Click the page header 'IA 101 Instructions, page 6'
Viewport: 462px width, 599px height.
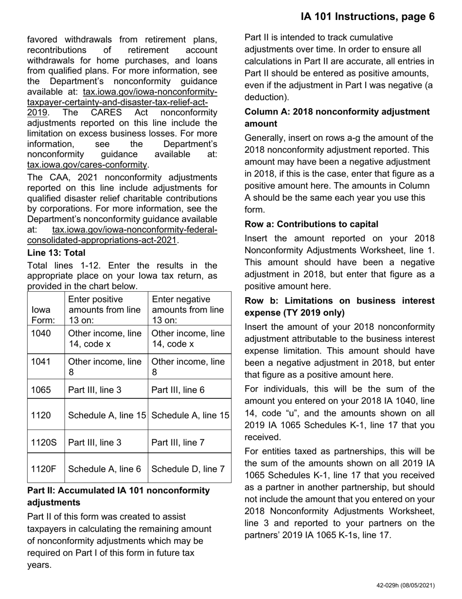[367, 17]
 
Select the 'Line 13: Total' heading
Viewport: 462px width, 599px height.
[56, 253]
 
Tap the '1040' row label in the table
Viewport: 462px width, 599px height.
[41, 334]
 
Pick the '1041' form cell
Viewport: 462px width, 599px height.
[41, 362]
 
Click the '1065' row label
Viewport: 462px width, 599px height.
[41, 390]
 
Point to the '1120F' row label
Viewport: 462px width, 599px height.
[44, 469]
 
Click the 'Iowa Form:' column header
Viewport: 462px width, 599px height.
[43, 315]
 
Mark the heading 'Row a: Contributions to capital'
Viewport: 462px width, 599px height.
[311, 224]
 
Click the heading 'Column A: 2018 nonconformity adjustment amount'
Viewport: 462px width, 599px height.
[337, 117]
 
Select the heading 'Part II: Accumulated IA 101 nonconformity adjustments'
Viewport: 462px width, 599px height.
[119, 496]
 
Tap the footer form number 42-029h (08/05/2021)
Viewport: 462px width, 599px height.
[405, 585]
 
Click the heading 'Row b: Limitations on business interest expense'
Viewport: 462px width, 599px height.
[339, 306]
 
